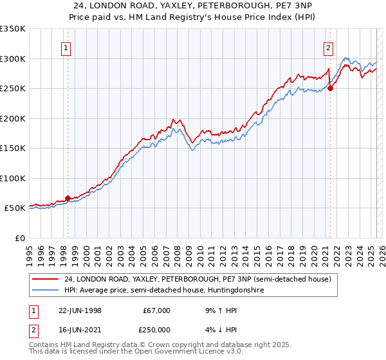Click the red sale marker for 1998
tap(68, 198)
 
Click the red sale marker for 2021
tap(330, 89)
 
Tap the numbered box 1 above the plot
tap(67, 46)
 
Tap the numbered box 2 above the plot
tap(328, 46)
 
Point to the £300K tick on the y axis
tap(13, 59)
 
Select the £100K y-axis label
tap(13, 178)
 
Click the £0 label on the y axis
tap(19, 238)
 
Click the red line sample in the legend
tap(46, 280)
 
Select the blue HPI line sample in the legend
tap(46, 291)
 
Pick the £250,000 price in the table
tap(157, 331)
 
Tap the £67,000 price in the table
tap(157, 310)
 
